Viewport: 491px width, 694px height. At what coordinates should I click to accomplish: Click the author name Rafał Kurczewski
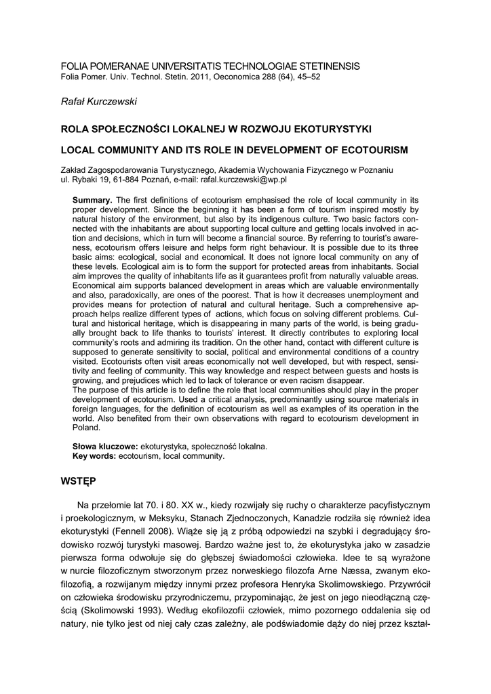[x=100, y=101]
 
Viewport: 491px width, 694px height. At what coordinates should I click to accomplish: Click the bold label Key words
[x=94, y=456]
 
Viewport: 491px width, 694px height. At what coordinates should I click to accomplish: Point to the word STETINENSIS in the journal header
[x=326, y=66]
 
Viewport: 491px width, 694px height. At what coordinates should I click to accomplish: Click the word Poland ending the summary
[x=86, y=428]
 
